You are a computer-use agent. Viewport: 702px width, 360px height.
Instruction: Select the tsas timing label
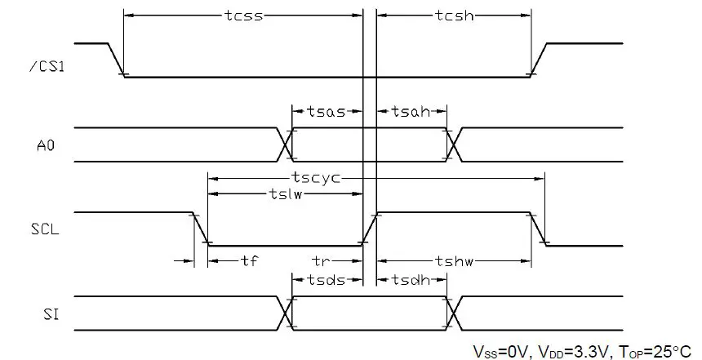(327, 111)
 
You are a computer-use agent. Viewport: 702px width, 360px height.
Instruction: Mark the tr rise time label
(322, 261)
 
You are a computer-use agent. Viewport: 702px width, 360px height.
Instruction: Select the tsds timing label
(327, 278)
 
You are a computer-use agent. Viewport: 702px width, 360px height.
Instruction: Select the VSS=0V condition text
(499, 350)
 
